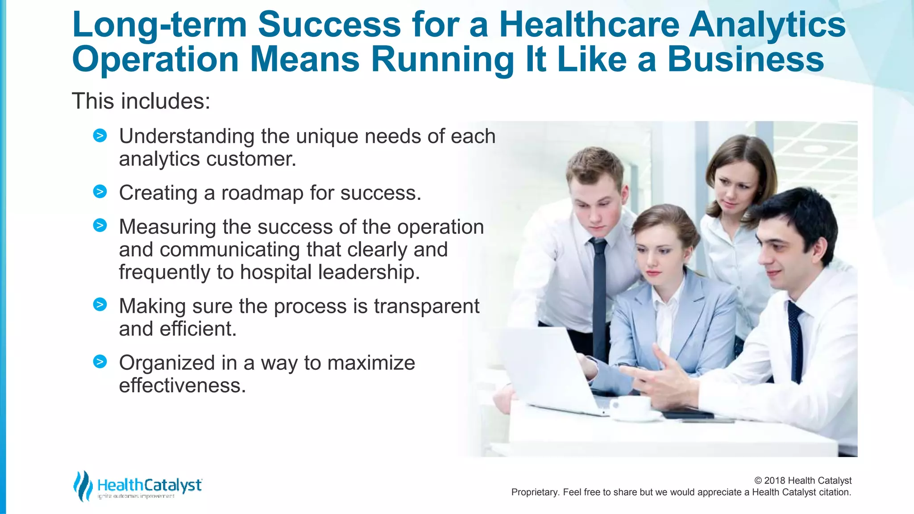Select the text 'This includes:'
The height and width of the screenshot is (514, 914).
[141, 101]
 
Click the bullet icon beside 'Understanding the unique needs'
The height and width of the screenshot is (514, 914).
[100, 135]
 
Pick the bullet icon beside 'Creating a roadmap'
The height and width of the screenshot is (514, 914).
[100, 192]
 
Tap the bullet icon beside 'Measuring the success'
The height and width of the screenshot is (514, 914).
[100, 225]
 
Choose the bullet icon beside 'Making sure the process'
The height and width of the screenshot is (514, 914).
[100, 305]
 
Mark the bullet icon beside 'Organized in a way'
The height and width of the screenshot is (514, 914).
[100, 361]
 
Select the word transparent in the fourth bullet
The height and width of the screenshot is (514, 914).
[427, 306]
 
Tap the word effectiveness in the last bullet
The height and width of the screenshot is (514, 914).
[182, 385]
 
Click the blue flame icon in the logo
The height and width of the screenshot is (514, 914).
[83, 486]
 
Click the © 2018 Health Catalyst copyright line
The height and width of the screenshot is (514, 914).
[802, 481]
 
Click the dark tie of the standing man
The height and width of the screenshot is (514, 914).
[599, 294]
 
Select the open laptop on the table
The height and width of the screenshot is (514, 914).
[553, 370]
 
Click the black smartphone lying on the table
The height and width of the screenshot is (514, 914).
[687, 415]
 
